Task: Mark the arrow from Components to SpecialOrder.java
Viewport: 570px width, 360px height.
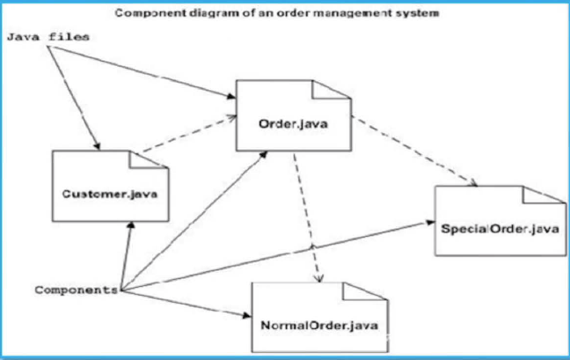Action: click(281, 256)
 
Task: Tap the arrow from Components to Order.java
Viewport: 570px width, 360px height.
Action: click(194, 220)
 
